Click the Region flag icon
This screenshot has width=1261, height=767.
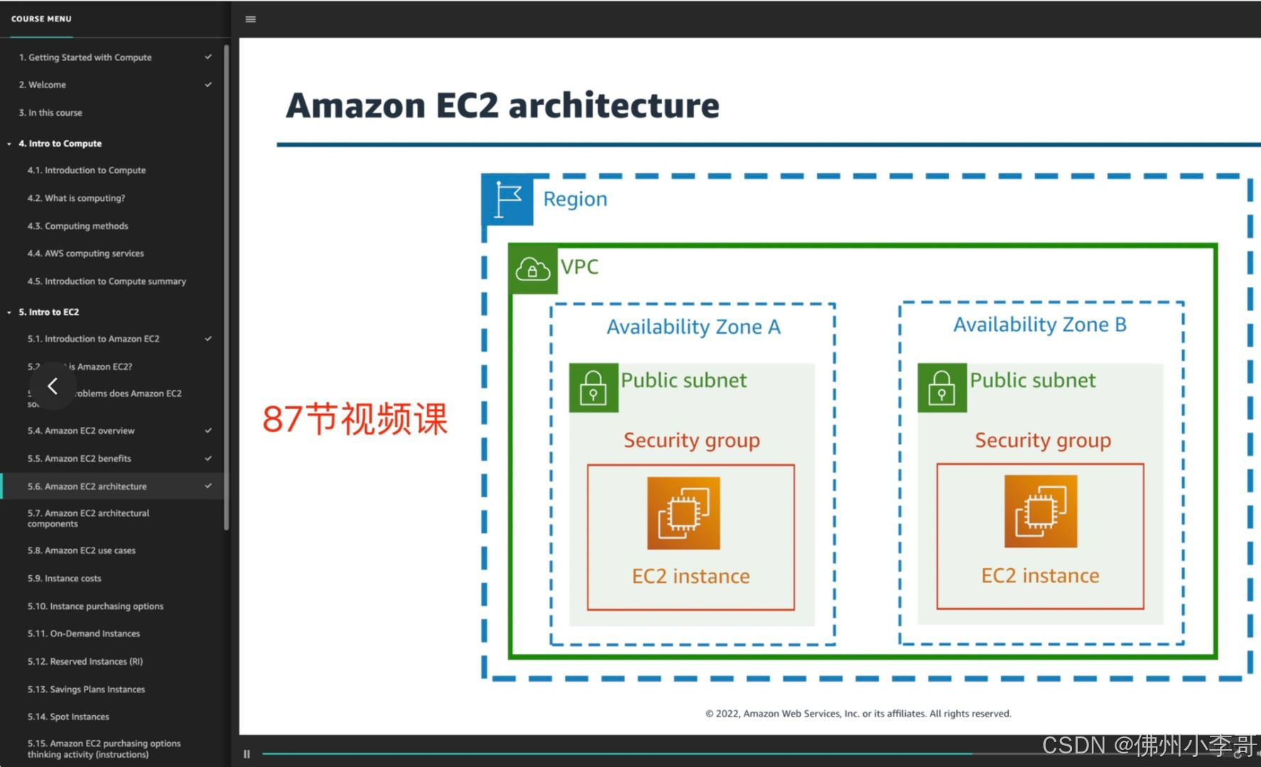[x=507, y=200]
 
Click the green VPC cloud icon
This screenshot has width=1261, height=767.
[x=533, y=268]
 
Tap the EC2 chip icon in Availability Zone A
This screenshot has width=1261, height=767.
[x=683, y=513]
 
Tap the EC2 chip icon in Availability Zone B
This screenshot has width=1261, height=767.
[x=1040, y=511]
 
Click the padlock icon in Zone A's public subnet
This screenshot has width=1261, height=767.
[x=593, y=388]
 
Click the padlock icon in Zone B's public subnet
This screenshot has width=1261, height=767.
[x=942, y=388]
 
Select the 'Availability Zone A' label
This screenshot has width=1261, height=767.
[x=693, y=327]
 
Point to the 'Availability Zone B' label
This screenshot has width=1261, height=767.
[x=1040, y=325]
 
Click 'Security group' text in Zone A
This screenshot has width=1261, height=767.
[x=691, y=440]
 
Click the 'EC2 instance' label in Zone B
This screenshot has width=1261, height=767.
[x=1040, y=575]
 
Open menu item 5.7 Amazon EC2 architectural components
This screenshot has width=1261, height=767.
[x=88, y=518]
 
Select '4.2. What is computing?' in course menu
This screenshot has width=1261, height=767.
[x=76, y=198]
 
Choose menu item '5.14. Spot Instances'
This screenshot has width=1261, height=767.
[x=68, y=717]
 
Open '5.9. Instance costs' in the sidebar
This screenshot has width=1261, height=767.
[x=64, y=578]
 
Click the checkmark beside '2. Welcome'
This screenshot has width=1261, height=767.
[x=208, y=85]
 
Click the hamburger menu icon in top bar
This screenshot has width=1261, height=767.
[x=250, y=19]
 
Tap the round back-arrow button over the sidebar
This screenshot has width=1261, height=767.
[x=53, y=386]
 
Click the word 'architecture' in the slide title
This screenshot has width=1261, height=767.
[x=614, y=105]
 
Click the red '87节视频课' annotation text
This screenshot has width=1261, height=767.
[x=355, y=418]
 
